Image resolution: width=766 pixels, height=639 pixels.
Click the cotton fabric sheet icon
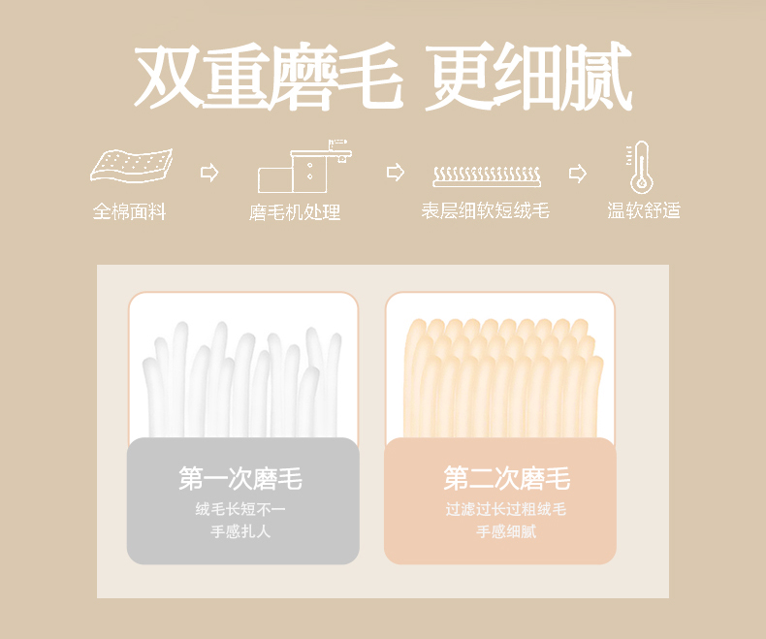(132, 166)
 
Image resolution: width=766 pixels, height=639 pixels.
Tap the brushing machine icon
(304, 166)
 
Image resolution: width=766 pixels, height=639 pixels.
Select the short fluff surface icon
(487, 176)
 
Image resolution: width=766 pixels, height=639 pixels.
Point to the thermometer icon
(641, 168)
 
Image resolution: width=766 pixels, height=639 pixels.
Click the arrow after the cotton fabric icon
(209, 173)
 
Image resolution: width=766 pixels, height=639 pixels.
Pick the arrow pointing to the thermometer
(578, 173)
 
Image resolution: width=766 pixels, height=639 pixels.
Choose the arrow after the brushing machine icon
(396, 172)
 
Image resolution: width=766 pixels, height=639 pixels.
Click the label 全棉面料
(130, 211)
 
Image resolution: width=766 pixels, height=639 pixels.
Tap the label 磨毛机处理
(295, 212)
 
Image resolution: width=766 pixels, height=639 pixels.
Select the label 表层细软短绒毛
(486, 211)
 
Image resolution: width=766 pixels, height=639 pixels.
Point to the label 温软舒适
(644, 210)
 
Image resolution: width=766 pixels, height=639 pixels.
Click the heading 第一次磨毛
(240, 478)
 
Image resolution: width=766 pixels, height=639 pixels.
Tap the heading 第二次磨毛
(507, 478)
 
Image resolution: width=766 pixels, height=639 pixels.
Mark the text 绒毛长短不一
(240, 509)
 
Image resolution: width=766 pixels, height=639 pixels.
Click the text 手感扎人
(240, 531)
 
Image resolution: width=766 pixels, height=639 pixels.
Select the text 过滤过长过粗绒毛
(505, 509)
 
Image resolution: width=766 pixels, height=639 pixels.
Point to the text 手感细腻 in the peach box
(506, 531)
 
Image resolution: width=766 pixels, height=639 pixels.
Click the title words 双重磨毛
(269, 76)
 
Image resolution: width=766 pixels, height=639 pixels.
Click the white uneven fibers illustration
(242, 379)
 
